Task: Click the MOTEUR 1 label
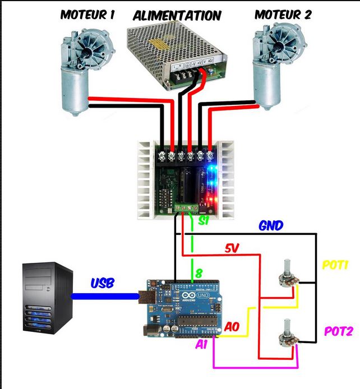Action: click(x=87, y=15)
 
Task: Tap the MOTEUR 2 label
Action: click(x=283, y=15)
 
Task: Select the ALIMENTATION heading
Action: click(x=177, y=16)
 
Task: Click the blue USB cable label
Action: click(x=103, y=283)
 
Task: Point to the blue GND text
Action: click(x=271, y=225)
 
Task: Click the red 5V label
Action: click(x=232, y=248)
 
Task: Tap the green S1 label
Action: click(x=204, y=220)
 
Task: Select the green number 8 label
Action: click(x=199, y=273)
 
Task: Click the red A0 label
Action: click(x=232, y=327)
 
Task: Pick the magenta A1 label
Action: click(x=201, y=344)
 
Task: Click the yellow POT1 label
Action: click(x=335, y=265)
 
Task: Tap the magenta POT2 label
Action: click(x=339, y=331)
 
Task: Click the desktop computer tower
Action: click(x=48, y=298)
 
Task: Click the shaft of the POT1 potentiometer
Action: click(x=287, y=267)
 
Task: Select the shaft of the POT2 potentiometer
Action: click(x=287, y=326)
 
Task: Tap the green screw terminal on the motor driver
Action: click(x=187, y=207)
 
